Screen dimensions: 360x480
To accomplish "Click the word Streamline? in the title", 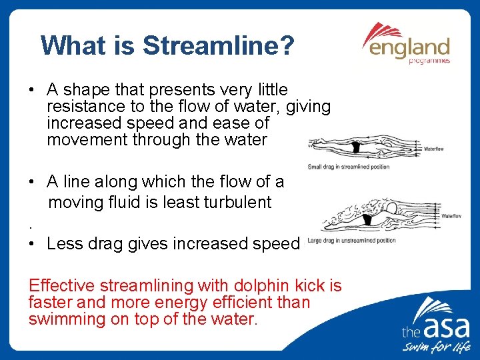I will [x=218, y=46].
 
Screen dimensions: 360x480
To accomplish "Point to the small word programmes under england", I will [x=430, y=61].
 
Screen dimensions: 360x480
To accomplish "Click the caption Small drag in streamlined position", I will [x=348, y=166].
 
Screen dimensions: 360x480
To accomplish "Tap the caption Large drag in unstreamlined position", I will [x=351, y=241].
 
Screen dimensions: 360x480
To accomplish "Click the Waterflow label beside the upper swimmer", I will [x=433, y=149].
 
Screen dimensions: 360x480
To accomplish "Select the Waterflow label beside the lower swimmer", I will [x=451, y=216].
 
